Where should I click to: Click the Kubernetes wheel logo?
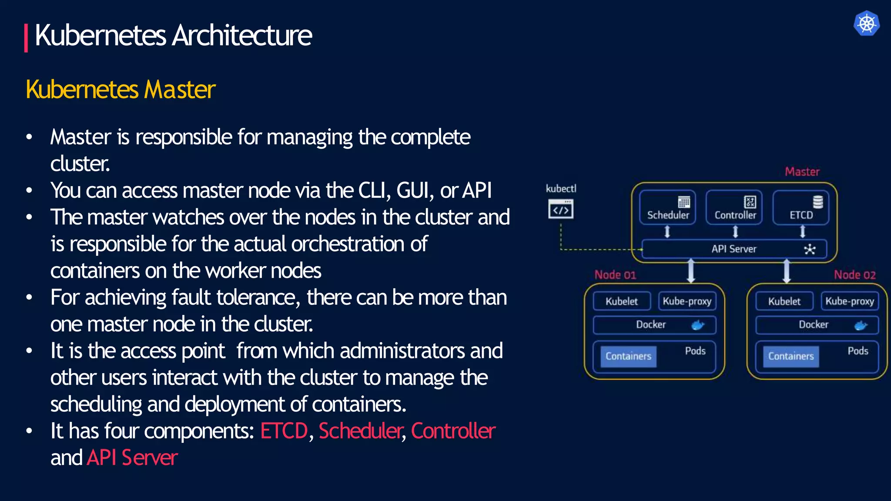(866, 23)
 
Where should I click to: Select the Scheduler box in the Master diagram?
(667, 208)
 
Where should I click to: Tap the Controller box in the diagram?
(734, 208)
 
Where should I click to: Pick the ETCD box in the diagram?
(801, 208)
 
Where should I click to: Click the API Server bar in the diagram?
(734, 249)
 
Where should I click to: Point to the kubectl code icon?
(561, 210)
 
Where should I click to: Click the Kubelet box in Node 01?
(622, 301)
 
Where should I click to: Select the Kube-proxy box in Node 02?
(850, 301)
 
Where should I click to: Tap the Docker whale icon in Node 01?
(698, 325)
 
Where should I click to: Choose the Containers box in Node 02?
(791, 356)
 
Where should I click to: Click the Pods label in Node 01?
(695, 351)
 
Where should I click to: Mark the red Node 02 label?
(854, 275)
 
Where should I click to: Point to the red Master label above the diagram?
(802, 172)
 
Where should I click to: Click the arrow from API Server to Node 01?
(691, 271)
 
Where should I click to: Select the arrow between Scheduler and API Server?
(667, 232)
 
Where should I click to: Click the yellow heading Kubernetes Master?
(121, 90)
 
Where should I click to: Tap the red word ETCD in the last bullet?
(284, 431)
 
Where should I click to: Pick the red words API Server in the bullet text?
(132, 458)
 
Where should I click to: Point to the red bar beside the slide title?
(26, 38)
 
